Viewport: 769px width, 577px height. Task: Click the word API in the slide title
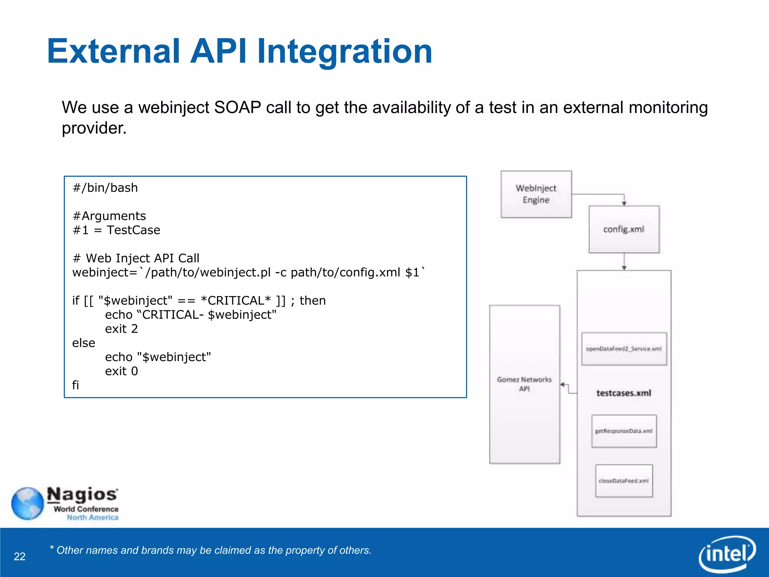pyautogui.click(x=218, y=51)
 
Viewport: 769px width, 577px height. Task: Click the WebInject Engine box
pyautogui.click(x=536, y=194)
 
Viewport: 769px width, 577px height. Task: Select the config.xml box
pyautogui.click(x=624, y=229)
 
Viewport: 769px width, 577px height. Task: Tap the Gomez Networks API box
pyautogui.click(x=524, y=384)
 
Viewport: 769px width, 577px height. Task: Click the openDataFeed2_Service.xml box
pyautogui.click(x=624, y=349)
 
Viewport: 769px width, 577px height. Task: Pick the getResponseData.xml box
pyautogui.click(x=624, y=431)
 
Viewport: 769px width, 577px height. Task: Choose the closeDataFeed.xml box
pyautogui.click(x=624, y=481)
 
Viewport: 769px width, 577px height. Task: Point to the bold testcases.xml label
pyautogui.click(x=624, y=393)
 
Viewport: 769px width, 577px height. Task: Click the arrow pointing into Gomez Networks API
pyautogui.click(x=563, y=384)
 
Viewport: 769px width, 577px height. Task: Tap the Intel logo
pyautogui.click(x=727, y=554)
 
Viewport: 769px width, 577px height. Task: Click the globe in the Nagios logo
pyautogui.click(x=27, y=503)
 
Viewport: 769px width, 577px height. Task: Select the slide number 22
pyautogui.click(x=20, y=556)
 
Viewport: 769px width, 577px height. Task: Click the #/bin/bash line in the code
pyautogui.click(x=105, y=187)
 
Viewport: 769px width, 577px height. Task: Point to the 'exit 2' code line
pyautogui.click(x=121, y=329)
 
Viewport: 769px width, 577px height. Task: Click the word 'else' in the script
pyautogui.click(x=83, y=343)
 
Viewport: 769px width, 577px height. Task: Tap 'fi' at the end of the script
pyautogui.click(x=75, y=385)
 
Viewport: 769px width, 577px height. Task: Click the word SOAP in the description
pyautogui.click(x=237, y=108)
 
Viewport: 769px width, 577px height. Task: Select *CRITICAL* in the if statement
pyautogui.click(x=235, y=301)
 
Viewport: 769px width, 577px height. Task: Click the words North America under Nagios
pyautogui.click(x=92, y=517)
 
